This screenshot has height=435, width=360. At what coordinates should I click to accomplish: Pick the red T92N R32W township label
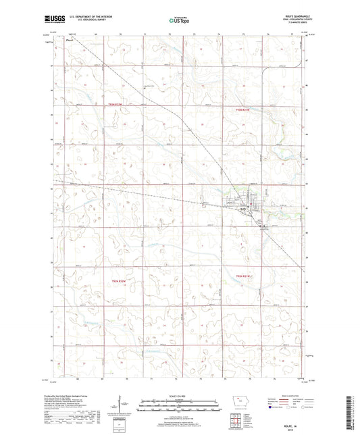[x=118, y=280]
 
